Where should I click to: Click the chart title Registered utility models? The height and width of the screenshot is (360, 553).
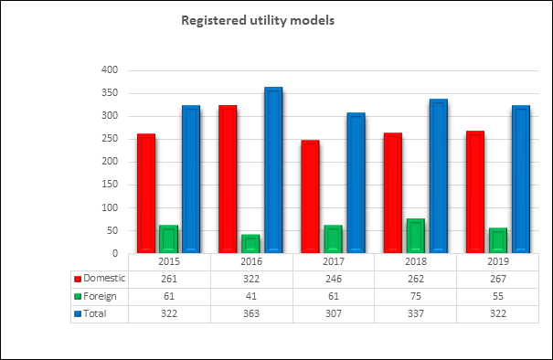click(258, 20)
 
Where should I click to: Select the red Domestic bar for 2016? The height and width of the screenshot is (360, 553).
click(228, 179)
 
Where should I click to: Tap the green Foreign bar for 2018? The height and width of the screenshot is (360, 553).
click(416, 236)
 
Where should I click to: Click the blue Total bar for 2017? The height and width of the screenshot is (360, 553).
click(356, 183)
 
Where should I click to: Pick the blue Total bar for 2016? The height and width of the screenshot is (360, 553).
click(273, 170)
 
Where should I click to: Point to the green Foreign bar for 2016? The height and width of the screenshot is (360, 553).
click(250, 244)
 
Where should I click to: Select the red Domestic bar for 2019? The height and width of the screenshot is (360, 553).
click(475, 192)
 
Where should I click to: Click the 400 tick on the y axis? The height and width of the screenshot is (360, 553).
click(110, 69)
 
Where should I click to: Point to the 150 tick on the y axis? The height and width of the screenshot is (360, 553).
click(110, 184)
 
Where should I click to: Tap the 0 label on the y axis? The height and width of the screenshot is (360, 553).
click(115, 253)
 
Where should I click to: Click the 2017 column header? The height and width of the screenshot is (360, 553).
click(334, 261)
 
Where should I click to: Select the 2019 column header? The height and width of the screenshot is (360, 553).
click(498, 261)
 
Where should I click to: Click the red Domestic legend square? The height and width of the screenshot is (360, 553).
click(78, 279)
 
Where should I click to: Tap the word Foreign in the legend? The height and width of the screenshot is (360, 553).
click(100, 296)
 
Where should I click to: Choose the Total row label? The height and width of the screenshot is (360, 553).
click(94, 313)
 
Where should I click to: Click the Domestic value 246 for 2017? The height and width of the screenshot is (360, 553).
click(334, 279)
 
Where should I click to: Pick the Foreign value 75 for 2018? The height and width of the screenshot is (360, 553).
click(416, 296)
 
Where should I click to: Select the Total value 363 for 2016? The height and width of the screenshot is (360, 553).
click(251, 313)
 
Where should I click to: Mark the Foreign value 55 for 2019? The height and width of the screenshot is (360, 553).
click(498, 296)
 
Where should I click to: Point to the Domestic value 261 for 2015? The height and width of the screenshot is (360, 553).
click(169, 279)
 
